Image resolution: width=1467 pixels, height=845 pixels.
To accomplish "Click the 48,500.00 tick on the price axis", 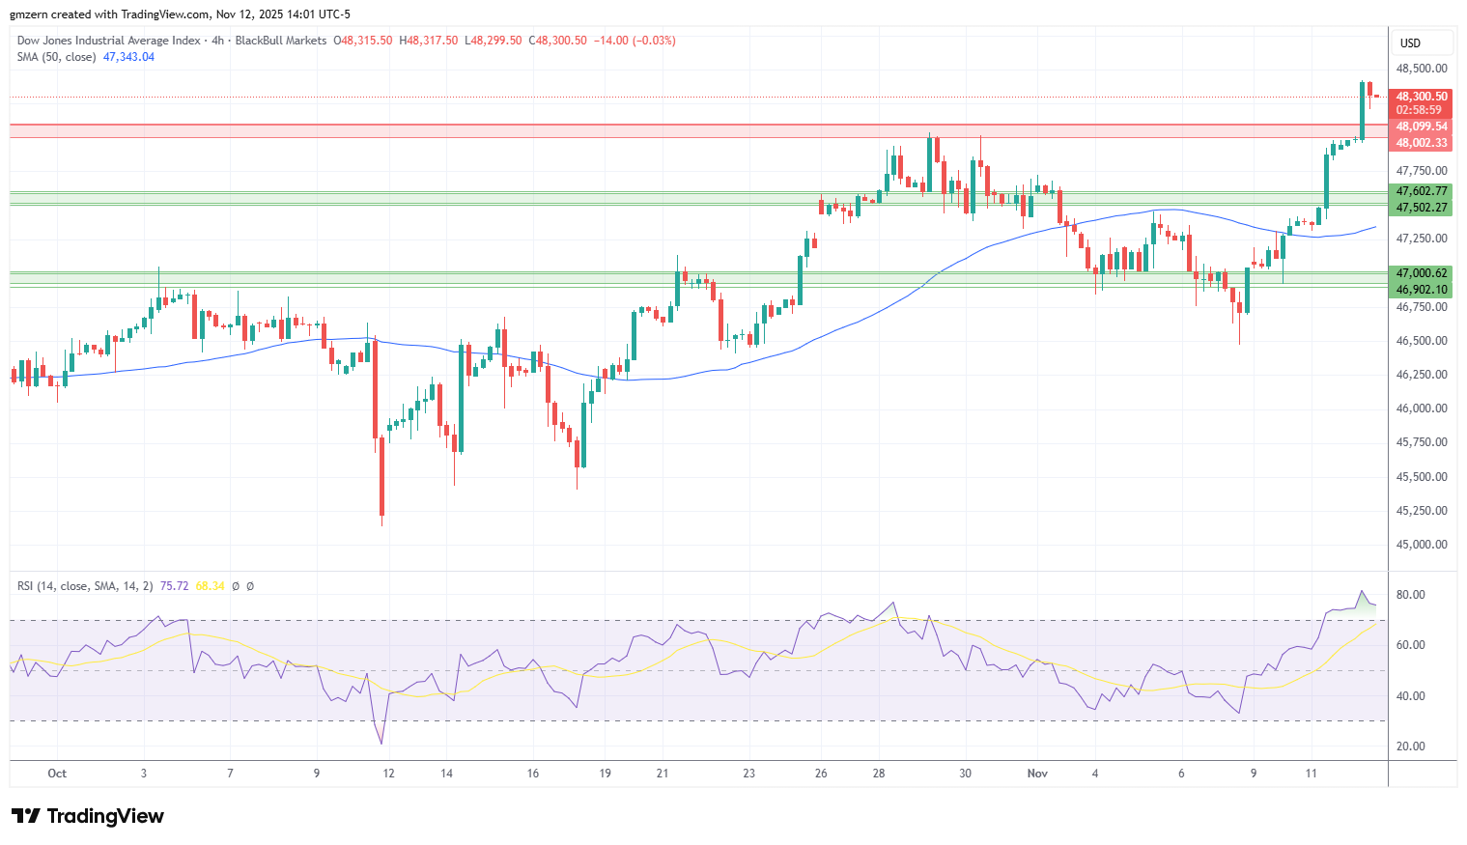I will pyautogui.click(x=1421, y=69).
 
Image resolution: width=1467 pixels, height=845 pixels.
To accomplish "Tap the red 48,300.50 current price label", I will pyautogui.click(x=1422, y=97).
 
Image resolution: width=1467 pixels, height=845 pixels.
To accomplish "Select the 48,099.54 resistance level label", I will pyautogui.click(x=1422, y=127).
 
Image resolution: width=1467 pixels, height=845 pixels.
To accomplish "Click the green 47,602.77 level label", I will pyautogui.click(x=1422, y=191).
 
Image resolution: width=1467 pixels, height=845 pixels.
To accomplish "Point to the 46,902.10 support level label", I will pyautogui.click(x=1422, y=290).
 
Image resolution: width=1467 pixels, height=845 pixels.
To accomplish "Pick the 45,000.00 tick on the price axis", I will pyautogui.click(x=1421, y=545).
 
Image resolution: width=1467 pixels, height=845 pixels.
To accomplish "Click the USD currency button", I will pyautogui.click(x=1411, y=42).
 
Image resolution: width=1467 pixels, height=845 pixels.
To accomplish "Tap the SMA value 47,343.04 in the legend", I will pyautogui.click(x=128, y=57).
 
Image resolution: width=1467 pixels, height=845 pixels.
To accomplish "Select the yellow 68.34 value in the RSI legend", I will pyautogui.click(x=210, y=586).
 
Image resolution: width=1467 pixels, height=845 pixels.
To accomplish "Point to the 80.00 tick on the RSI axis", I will pyautogui.click(x=1410, y=595).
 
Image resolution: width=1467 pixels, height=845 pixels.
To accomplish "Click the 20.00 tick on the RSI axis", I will pyautogui.click(x=1410, y=746).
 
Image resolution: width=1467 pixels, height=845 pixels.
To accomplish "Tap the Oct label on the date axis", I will pyautogui.click(x=57, y=774).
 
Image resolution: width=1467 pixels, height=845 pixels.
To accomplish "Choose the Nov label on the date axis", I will pyautogui.click(x=1037, y=774).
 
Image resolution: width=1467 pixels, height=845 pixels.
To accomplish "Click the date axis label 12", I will pyautogui.click(x=388, y=774).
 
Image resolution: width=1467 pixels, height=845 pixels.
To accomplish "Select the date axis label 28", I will pyautogui.click(x=879, y=774).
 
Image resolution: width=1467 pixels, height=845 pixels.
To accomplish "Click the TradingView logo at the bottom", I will pyautogui.click(x=88, y=816).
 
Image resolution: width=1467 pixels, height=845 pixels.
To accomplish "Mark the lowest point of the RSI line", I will pyautogui.click(x=382, y=744).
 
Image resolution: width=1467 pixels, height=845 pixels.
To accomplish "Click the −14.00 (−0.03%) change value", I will pyautogui.click(x=635, y=41).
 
